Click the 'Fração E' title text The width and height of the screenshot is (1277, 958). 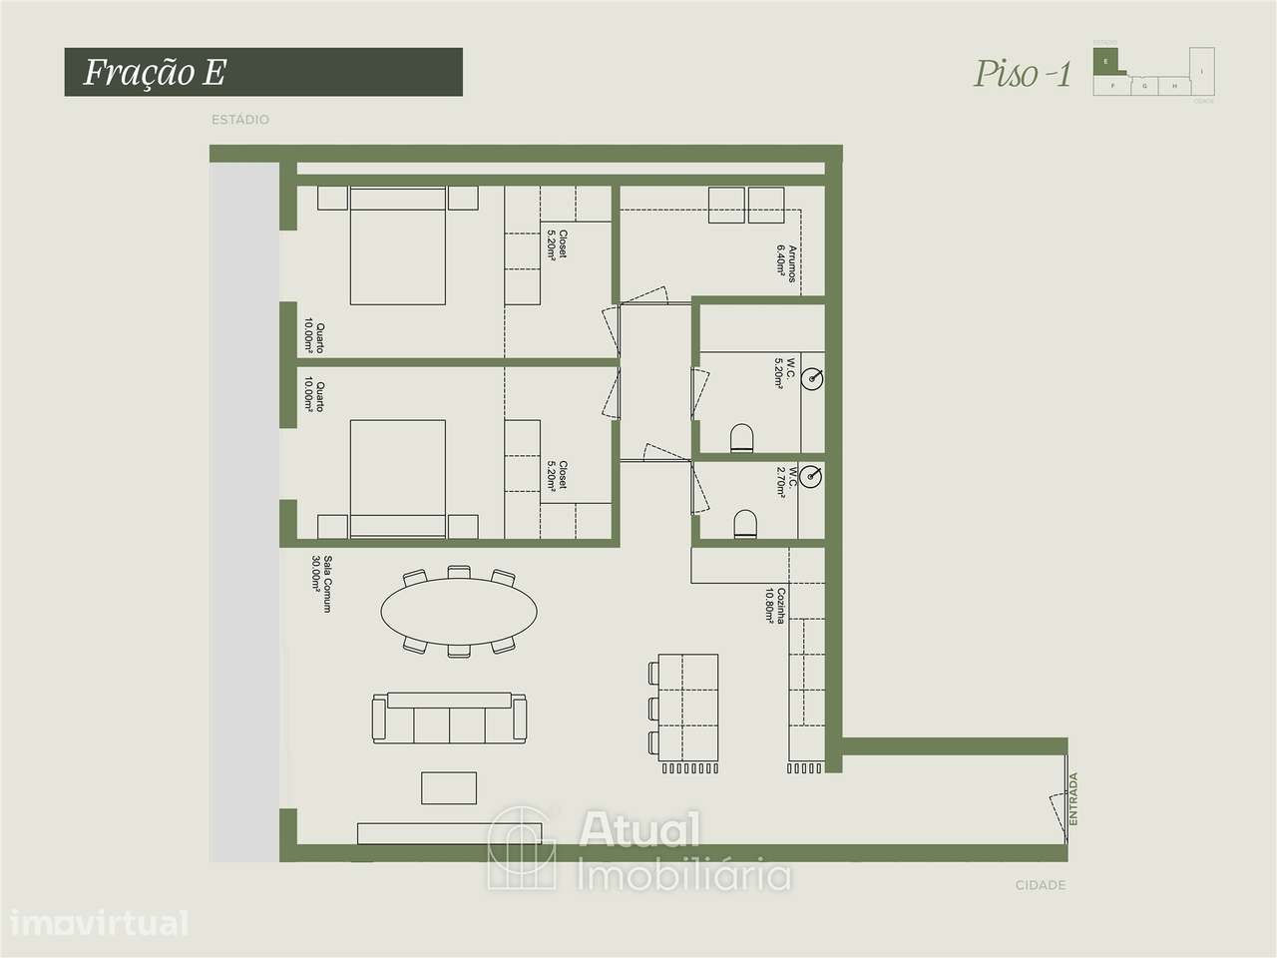click(155, 72)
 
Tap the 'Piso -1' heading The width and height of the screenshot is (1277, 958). click(1022, 74)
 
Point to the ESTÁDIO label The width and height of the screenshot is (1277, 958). click(239, 120)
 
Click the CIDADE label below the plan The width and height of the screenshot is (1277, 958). click(1040, 885)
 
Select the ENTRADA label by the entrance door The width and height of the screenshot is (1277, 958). click(1073, 798)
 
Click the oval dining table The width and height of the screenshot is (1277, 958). click(459, 612)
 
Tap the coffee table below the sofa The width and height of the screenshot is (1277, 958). click(449, 787)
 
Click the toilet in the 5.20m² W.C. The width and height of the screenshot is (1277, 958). click(742, 437)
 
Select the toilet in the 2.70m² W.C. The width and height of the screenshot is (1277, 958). click(744, 525)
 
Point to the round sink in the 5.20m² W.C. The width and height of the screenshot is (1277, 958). click(815, 378)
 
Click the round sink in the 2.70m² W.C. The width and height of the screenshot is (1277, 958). click(814, 478)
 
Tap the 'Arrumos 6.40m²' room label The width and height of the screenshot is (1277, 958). click(788, 263)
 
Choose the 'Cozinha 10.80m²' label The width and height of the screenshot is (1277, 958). click(775, 606)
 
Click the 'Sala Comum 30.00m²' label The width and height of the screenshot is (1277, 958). click(320, 584)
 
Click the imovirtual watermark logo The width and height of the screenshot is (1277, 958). click(95, 923)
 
